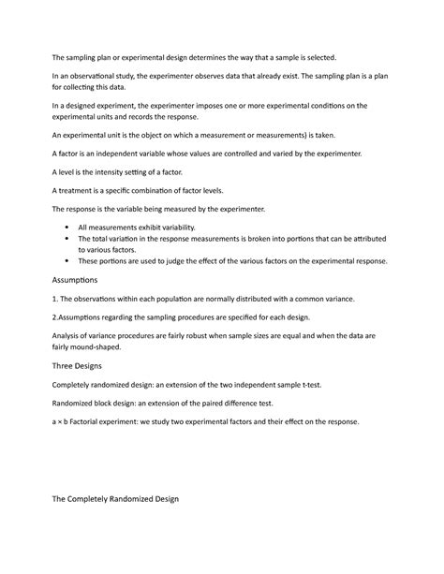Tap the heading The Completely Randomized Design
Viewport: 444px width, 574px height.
[113, 498]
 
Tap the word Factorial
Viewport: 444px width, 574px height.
[89, 421]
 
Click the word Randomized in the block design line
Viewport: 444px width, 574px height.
[76, 404]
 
